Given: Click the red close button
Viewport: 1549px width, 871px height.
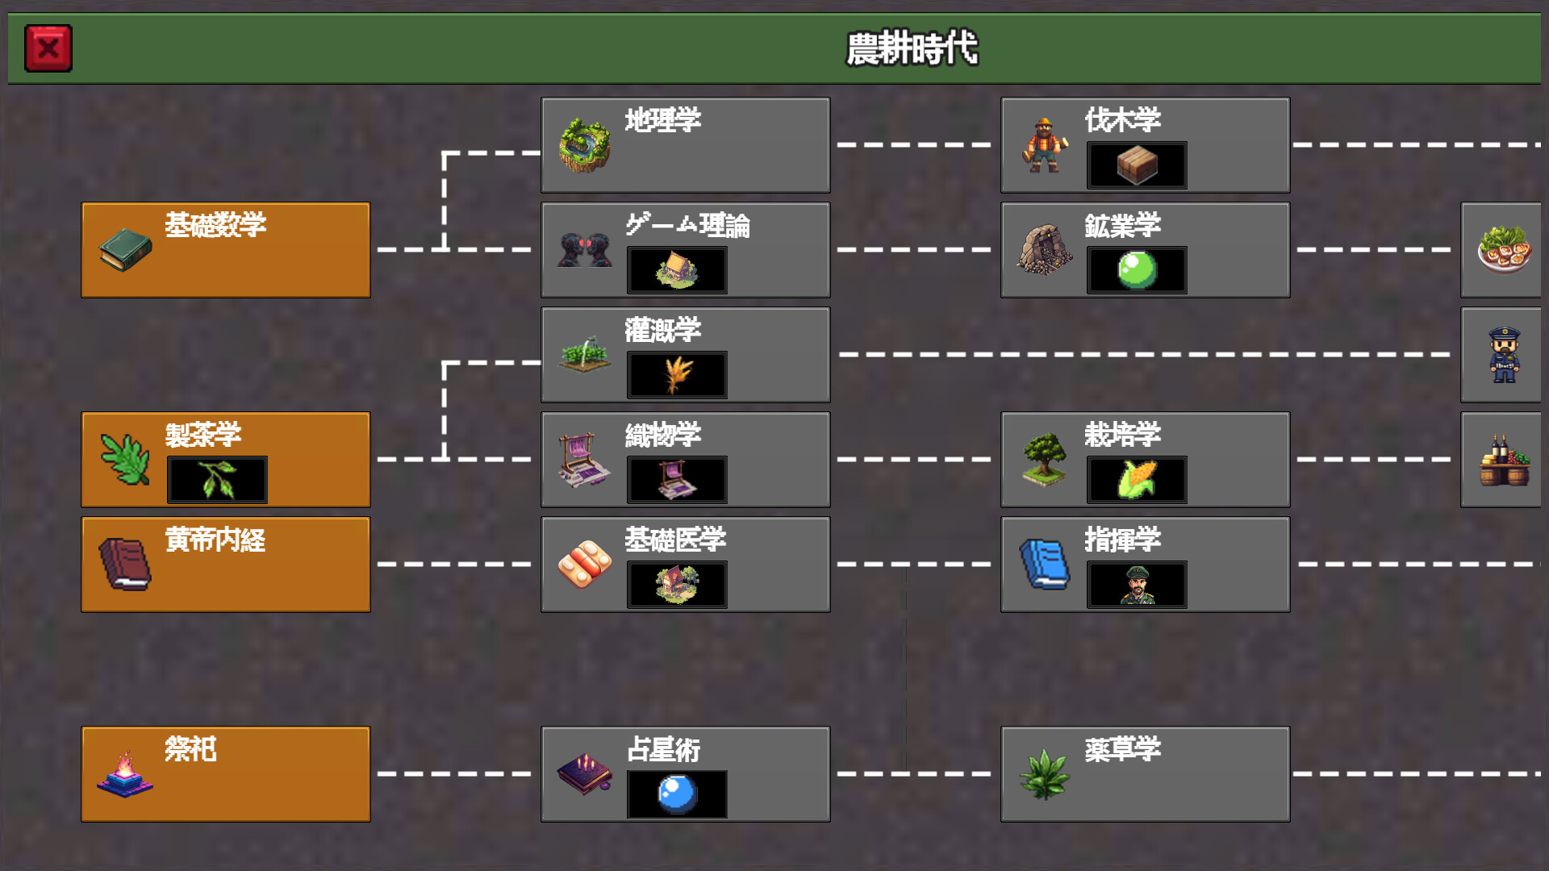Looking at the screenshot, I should pyautogui.click(x=48, y=48).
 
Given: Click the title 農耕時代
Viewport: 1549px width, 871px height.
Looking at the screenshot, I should pyautogui.click(x=912, y=48).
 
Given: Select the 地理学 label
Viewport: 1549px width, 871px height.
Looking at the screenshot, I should pyautogui.click(x=662, y=120).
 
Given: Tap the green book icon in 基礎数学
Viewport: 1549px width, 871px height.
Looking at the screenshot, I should pyautogui.click(x=125, y=249).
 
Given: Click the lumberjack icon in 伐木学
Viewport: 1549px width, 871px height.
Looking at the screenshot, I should pyautogui.click(x=1045, y=146).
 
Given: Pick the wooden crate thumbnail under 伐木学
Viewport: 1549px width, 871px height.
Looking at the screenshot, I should pyautogui.click(x=1137, y=165).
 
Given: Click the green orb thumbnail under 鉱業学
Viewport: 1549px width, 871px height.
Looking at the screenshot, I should pyautogui.click(x=1137, y=270).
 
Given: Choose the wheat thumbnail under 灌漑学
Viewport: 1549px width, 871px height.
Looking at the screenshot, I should pyautogui.click(x=677, y=375).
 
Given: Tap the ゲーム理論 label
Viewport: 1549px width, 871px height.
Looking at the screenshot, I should pyautogui.click(x=687, y=225).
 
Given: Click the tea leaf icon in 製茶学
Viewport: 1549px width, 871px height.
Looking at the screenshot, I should pyautogui.click(x=125, y=459).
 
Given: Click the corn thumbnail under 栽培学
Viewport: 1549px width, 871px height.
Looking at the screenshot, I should pyautogui.click(x=1137, y=480).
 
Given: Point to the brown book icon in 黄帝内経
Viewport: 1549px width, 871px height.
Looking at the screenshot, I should pyautogui.click(x=125, y=564).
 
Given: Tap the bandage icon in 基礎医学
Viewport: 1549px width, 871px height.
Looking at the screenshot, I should pyautogui.click(x=585, y=564).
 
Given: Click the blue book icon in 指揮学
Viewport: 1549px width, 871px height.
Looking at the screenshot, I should pyautogui.click(x=1045, y=564).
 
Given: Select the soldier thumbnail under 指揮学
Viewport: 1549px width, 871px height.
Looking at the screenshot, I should pyautogui.click(x=1137, y=585).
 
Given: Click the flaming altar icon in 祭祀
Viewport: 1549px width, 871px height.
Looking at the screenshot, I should pyautogui.click(x=125, y=773).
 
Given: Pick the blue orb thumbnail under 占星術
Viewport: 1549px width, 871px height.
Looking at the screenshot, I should pyautogui.click(x=677, y=794).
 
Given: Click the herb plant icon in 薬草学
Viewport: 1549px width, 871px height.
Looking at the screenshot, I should pyautogui.click(x=1045, y=773).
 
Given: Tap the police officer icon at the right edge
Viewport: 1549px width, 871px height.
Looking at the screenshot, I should pyautogui.click(x=1504, y=354).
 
